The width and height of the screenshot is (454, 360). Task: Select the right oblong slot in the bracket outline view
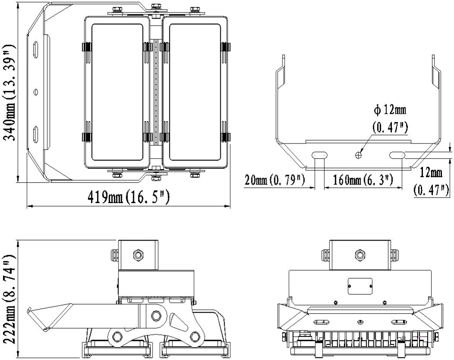[x=397, y=154]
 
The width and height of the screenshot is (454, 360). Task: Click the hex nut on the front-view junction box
[x=360, y=254]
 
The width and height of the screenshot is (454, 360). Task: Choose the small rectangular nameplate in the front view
[x=360, y=285]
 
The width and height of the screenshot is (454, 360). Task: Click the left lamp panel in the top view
[x=117, y=93]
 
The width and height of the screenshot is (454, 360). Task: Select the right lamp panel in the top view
[x=195, y=93]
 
